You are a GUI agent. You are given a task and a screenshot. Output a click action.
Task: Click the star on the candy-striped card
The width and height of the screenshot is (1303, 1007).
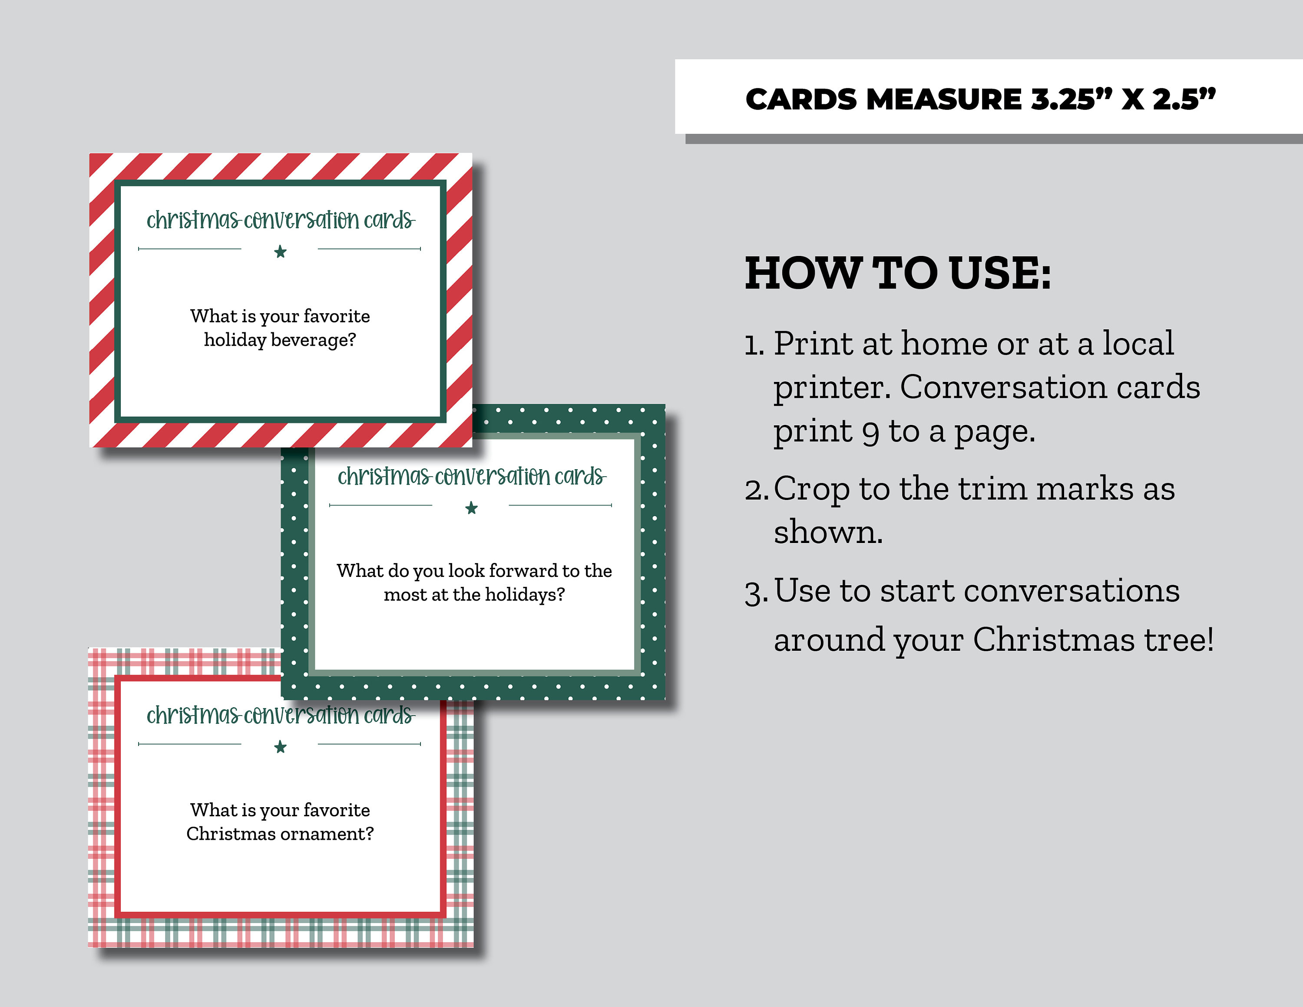[x=280, y=252]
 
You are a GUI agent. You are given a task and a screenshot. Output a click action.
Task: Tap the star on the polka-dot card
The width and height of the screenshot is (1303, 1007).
[x=471, y=508]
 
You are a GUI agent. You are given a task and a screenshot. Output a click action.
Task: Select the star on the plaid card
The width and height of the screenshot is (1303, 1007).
[x=280, y=747]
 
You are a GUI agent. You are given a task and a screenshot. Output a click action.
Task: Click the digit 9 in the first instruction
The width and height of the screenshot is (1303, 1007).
[x=870, y=433]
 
